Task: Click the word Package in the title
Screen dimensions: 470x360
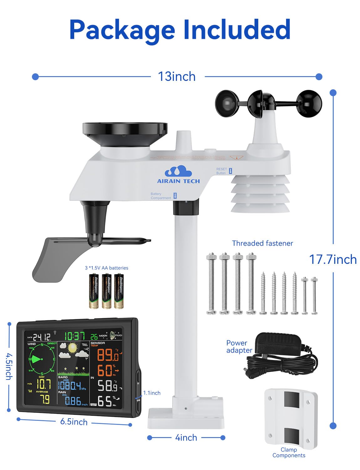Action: [x=122, y=30]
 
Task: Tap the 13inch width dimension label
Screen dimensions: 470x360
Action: [x=177, y=76]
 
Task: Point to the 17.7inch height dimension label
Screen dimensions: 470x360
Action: [x=332, y=259]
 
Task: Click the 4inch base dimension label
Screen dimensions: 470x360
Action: [x=186, y=437]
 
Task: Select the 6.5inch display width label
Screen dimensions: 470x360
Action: [x=74, y=422]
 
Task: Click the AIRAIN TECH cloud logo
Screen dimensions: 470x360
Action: [x=178, y=172]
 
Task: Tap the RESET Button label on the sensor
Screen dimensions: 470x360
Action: [x=222, y=171]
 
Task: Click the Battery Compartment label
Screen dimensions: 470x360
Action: [x=161, y=196]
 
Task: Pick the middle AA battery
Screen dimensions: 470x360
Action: [x=107, y=291]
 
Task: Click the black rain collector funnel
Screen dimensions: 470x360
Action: [x=125, y=131]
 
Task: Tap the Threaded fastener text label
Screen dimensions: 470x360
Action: [x=262, y=243]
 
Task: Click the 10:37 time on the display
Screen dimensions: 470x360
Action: [x=75, y=336]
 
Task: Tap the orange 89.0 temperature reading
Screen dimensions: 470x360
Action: [x=107, y=355]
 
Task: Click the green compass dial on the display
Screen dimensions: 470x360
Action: [x=42, y=359]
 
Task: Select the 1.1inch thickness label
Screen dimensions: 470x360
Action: [x=152, y=393]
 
